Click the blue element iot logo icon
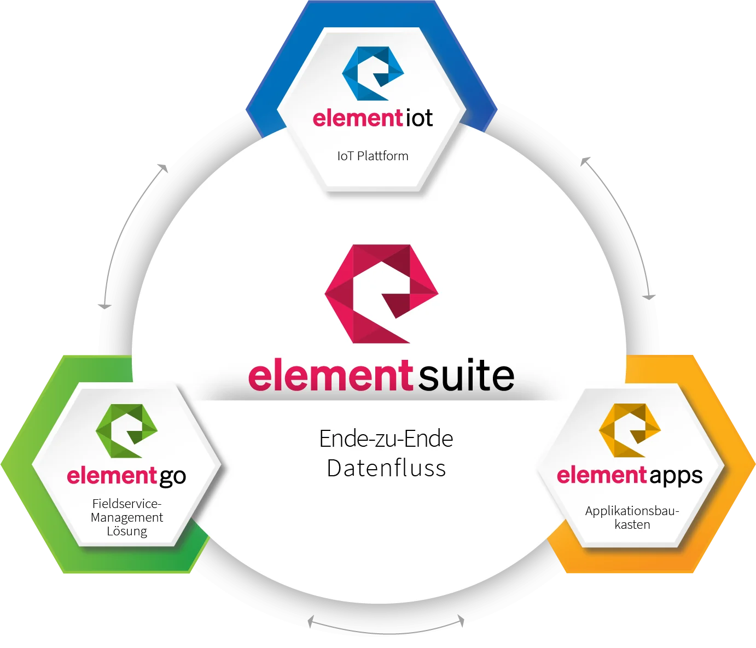373,73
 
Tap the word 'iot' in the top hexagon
419,118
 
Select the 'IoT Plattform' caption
373,156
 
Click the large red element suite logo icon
381,294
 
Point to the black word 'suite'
466,375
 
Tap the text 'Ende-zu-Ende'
386,439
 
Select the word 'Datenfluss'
386,468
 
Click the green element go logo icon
126,431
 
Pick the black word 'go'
173,477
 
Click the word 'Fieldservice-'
127,504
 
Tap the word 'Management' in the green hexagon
127,517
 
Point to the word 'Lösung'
127,531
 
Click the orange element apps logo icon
630,430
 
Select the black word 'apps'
676,476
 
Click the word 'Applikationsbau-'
632,511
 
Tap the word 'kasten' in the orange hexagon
632,525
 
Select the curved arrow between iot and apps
627,219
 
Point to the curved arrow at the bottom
386,633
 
